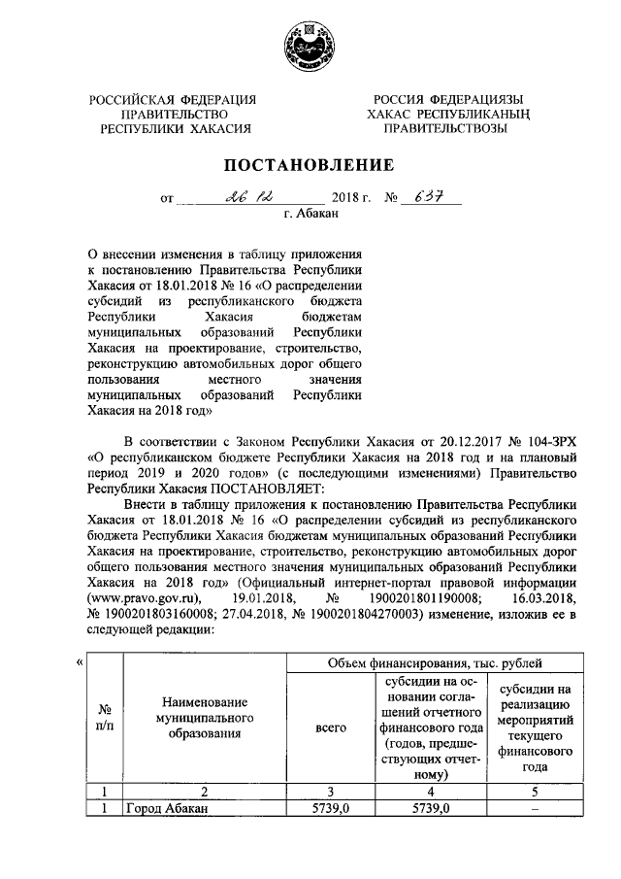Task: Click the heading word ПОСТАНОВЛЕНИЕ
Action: pos(310,164)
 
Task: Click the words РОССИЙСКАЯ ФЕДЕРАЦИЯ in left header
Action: pos(173,100)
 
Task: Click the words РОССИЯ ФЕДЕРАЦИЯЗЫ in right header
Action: pos(448,100)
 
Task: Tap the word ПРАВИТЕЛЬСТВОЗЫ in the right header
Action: pos(448,127)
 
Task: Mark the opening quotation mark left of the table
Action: pos(80,663)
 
